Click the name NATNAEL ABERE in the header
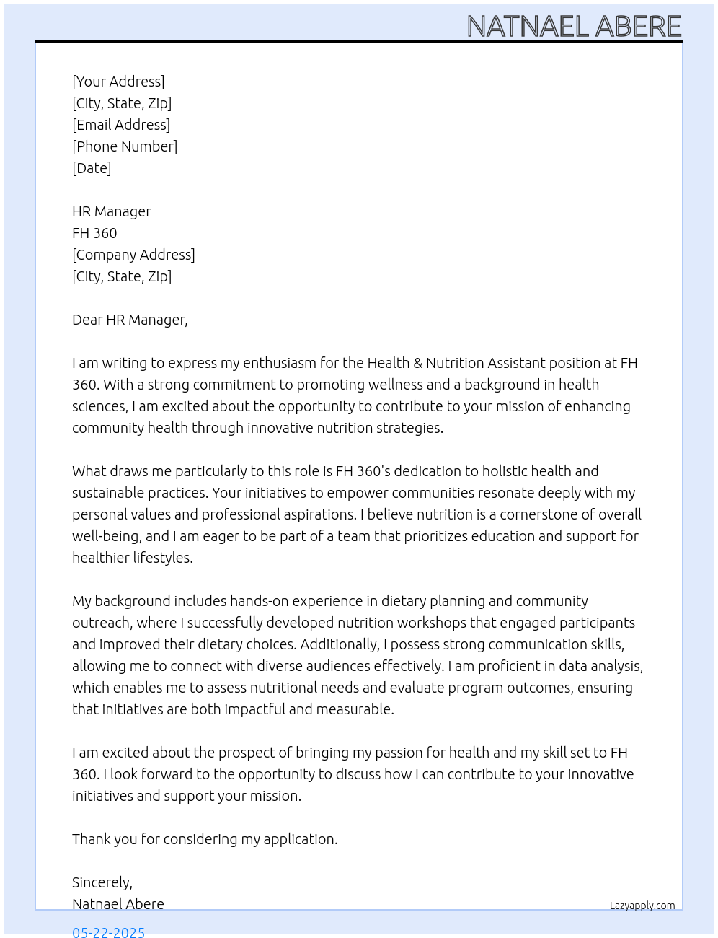pos(574,27)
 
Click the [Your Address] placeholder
pos(118,82)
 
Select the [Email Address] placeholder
pos(121,125)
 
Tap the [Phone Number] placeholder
pos(125,146)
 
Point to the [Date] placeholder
pos(92,168)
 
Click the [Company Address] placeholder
pos(133,255)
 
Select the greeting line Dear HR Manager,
pos(130,320)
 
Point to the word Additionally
pos(340,644)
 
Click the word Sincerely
pos(102,882)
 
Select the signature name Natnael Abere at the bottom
pos(118,904)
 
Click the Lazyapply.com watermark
pos(642,906)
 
